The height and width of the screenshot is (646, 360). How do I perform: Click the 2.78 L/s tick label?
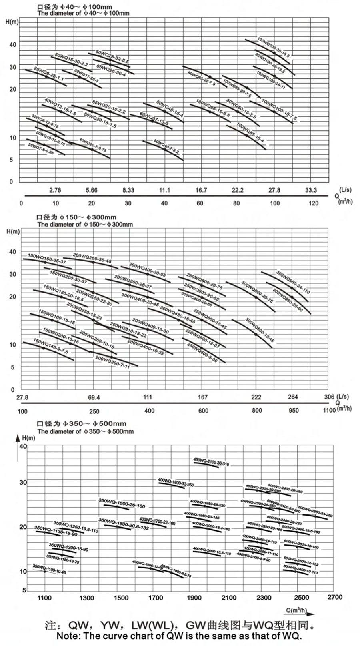55,190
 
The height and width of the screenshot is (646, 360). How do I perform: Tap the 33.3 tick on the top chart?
311,190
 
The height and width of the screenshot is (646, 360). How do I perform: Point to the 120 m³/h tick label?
314,203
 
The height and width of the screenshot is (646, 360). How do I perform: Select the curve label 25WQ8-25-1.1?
49,74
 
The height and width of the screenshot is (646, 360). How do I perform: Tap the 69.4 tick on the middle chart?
94,397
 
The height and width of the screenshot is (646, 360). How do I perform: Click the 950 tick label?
294,411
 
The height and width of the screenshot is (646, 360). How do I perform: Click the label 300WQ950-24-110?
293,282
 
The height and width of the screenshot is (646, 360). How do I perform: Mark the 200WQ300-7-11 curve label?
112,362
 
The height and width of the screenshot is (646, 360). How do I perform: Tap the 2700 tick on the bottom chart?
335,597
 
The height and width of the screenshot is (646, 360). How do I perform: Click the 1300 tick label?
87,598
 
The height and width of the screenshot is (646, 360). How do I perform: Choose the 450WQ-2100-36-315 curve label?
211,462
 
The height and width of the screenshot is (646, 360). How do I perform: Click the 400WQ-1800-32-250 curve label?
176,482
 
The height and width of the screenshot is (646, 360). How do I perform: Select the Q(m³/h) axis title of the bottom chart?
296,610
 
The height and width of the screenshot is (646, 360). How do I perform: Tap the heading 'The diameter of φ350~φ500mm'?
86,431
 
